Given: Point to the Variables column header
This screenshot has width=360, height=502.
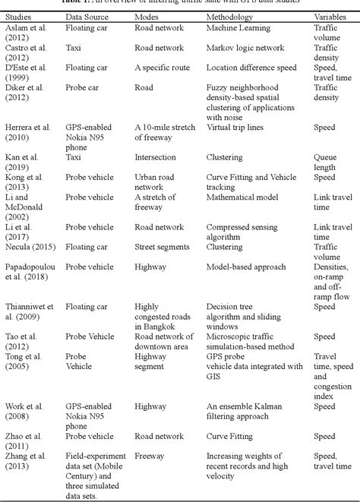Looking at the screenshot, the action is (329, 15).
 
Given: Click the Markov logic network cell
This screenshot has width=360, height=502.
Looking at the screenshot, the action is (242, 47).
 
